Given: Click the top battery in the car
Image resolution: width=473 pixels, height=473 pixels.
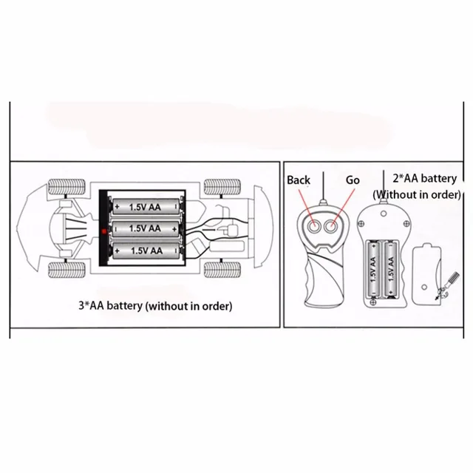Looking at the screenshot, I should coord(145,207).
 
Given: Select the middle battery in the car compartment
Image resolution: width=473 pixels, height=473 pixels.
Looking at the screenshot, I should coord(145,229).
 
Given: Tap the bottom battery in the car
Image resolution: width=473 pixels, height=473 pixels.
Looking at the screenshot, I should coord(145,251).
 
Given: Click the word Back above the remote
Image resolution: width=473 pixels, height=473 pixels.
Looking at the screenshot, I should coord(299,180).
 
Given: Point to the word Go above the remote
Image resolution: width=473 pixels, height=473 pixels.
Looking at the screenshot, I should coord(353,180).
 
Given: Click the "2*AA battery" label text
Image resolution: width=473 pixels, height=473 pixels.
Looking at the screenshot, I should coord(425,177).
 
